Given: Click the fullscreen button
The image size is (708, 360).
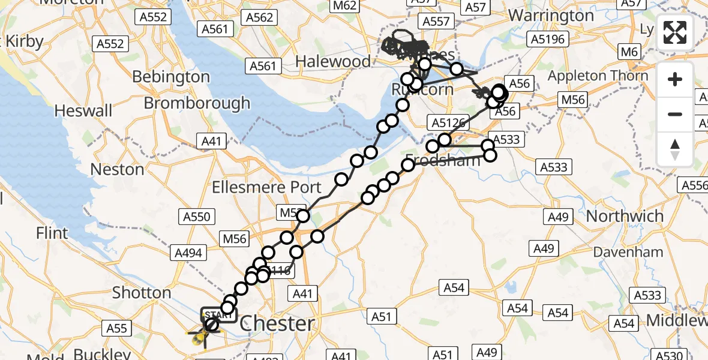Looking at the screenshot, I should pos(675,32).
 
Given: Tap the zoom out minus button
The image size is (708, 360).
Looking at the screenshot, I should pos(675,114).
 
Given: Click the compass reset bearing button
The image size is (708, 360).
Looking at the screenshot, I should pos(675,148).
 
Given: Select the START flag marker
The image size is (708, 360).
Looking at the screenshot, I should pos(219,314).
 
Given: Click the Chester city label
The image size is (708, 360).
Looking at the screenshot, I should pos(277,324).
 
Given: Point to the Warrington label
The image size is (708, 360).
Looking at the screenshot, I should pos(551,15).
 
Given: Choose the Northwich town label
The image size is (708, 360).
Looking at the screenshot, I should pos(625,216).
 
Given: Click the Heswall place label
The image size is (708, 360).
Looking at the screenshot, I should pos(83,111).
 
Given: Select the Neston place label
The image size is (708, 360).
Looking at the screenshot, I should pos(117,170).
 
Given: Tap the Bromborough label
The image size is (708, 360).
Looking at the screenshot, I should pos(197,103).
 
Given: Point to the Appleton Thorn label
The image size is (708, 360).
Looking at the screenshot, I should pos(598,76).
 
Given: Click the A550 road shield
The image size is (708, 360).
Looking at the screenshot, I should pos(197,216).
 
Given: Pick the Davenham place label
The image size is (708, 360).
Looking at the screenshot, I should pos(628,253).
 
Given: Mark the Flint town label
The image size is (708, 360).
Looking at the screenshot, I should pos(52,233).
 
